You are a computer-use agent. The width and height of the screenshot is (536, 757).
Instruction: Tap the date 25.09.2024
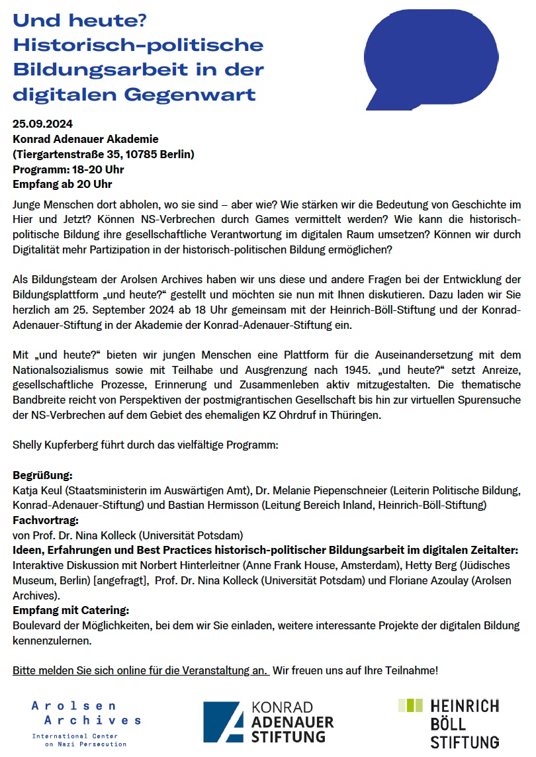click(x=42, y=124)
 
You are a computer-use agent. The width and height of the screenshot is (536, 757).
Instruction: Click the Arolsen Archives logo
click(x=86, y=724)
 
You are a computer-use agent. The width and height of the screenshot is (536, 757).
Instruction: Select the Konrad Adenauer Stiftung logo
click(x=268, y=722)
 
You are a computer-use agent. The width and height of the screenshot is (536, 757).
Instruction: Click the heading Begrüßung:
click(x=42, y=476)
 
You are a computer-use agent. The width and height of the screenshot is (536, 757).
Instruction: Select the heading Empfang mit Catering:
click(x=71, y=610)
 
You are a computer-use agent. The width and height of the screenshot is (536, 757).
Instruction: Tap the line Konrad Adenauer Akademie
click(x=85, y=139)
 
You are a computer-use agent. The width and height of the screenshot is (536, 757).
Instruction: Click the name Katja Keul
click(x=37, y=491)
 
